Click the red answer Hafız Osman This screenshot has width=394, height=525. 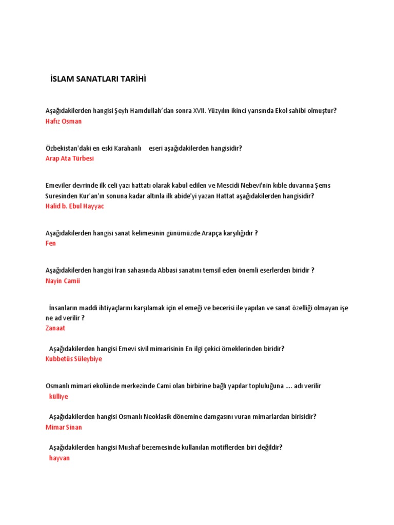(x=64, y=122)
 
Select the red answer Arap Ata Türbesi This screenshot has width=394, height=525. (x=70, y=158)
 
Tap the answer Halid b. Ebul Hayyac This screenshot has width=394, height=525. (x=75, y=206)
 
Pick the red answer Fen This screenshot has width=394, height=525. (x=51, y=244)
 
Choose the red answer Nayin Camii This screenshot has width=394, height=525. (x=63, y=281)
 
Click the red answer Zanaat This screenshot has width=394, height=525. (x=55, y=328)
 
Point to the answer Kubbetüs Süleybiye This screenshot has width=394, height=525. (x=74, y=359)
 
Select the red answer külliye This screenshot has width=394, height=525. (x=58, y=396)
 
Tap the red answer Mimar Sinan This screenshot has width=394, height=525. (x=64, y=427)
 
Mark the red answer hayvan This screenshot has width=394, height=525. (x=59, y=458)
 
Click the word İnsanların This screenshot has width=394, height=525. (x=65, y=308)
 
